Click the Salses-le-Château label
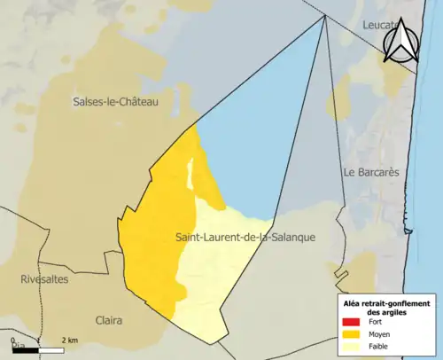point(115,103)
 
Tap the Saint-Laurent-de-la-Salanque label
point(245,237)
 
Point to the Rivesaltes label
point(44,278)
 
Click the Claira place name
point(110,319)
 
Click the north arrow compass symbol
point(401,41)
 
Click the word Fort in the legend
point(377,324)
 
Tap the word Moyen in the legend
point(382,335)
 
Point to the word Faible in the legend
point(381,347)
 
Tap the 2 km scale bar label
point(70,340)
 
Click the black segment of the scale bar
point(25,350)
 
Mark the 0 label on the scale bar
point(12,340)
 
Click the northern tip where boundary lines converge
point(325,15)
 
